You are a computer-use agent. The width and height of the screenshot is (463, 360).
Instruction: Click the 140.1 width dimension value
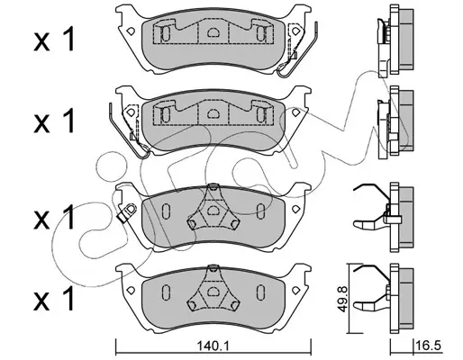point(213,346)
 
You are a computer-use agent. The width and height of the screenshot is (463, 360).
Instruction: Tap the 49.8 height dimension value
point(341,299)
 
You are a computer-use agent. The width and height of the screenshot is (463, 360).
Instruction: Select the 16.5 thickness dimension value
point(430,346)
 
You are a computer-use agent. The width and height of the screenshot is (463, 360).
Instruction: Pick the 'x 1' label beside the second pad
point(54,121)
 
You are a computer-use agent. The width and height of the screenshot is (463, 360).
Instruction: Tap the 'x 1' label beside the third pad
point(54,217)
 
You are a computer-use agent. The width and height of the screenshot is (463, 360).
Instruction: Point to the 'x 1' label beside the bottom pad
point(54,298)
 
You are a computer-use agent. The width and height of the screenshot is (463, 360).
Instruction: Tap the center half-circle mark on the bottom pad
point(213,291)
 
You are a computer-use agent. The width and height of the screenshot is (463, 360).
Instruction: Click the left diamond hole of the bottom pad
point(131,290)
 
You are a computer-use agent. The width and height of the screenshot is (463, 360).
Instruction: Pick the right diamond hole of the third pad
point(295,209)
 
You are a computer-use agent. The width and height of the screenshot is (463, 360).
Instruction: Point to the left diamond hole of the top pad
point(131,31)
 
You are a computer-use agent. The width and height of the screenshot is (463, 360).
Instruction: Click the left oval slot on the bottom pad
point(166,292)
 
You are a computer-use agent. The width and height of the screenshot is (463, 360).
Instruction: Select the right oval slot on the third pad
point(260,211)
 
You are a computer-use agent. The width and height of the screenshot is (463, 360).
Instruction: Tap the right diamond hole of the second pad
point(295,112)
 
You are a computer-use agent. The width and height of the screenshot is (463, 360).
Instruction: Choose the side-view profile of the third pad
point(390,217)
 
